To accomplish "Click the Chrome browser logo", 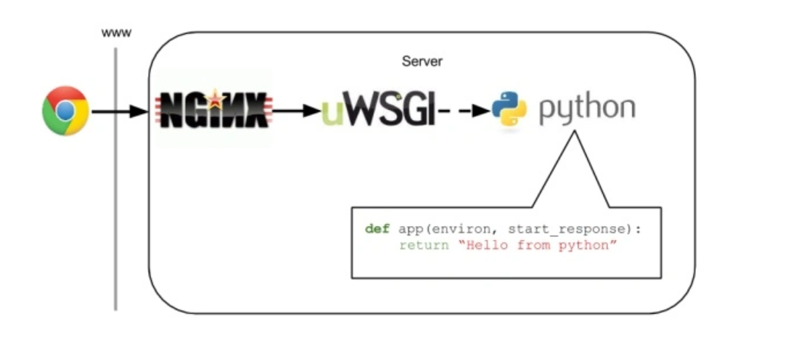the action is (65, 111).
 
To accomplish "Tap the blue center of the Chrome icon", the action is (65, 111).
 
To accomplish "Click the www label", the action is (116, 34).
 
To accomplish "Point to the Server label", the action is (422, 62).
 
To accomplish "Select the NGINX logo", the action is (214, 109).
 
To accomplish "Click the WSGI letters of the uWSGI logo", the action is (389, 109).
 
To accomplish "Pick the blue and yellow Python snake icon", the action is (509, 109).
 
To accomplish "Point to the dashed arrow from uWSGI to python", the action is (464, 110).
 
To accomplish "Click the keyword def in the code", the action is (377, 229).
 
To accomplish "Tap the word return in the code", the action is (424, 245).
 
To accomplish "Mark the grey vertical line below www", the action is (115, 179).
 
